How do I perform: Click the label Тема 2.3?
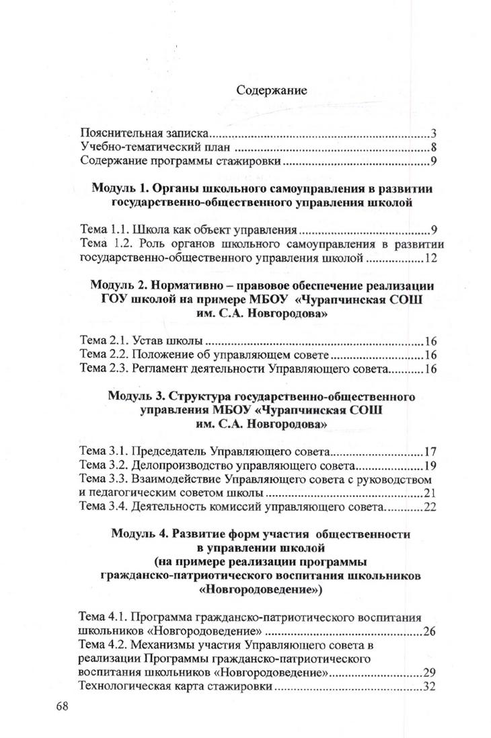(100, 369)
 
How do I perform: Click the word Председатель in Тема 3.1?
(168, 451)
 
